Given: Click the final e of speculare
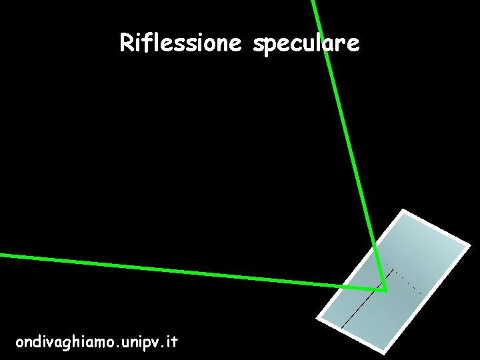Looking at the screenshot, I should click(353, 45).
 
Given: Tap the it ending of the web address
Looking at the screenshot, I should click(171, 342).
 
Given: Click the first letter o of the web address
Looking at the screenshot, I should click(20, 343).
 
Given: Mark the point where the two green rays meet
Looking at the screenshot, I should click(385, 290).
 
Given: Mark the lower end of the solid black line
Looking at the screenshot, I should click(342, 327).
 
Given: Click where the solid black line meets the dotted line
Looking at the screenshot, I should click(393, 270).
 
